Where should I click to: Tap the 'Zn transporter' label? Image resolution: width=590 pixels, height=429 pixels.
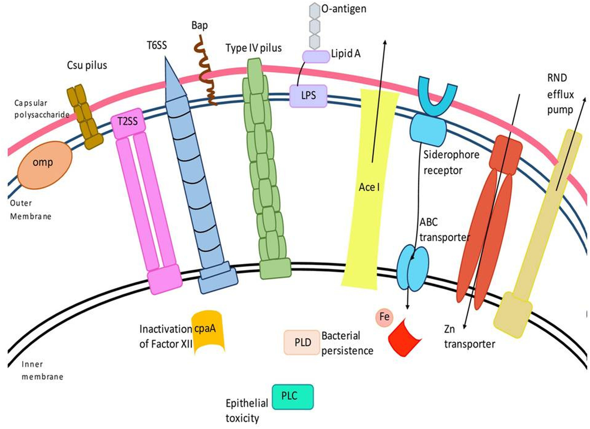pos(470,338)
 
